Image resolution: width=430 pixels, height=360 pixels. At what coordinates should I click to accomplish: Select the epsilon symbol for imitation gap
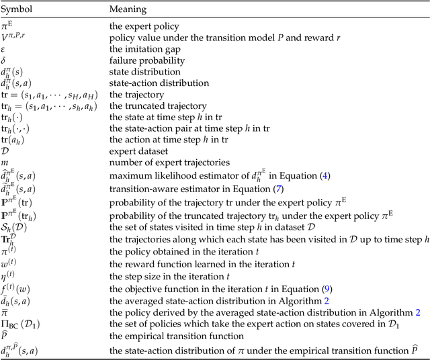6,48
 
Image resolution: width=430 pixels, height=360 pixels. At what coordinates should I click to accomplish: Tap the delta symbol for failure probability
6,59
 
